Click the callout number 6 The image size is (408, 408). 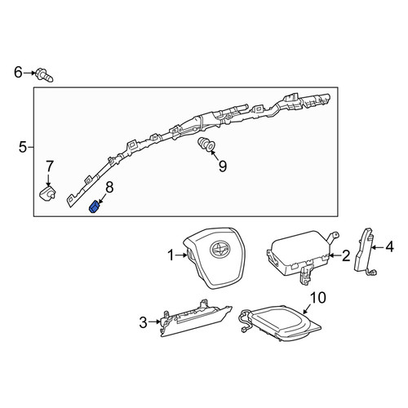click(x=18, y=73)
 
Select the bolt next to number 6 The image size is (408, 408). click(x=44, y=75)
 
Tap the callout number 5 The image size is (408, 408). click(x=23, y=147)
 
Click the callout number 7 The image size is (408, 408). click(x=49, y=166)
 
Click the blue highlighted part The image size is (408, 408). click(x=94, y=208)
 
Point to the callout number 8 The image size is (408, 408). click(x=109, y=188)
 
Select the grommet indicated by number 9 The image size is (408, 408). click(x=206, y=144)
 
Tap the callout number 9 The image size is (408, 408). click(x=223, y=166)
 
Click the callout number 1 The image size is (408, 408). click(x=171, y=255)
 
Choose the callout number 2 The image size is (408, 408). click(x=346, y=256)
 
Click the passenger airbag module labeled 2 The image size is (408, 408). click(x=302, y=255)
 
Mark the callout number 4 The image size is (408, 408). click(x=389, y=247)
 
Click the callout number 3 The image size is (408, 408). click(x=144, y=322)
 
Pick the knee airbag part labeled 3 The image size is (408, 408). click(x=196, y=318)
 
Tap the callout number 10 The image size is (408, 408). click(x=317, y=298)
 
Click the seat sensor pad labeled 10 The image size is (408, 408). click(x=280, y=323)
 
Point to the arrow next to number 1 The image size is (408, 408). click(x=181, y=255)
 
